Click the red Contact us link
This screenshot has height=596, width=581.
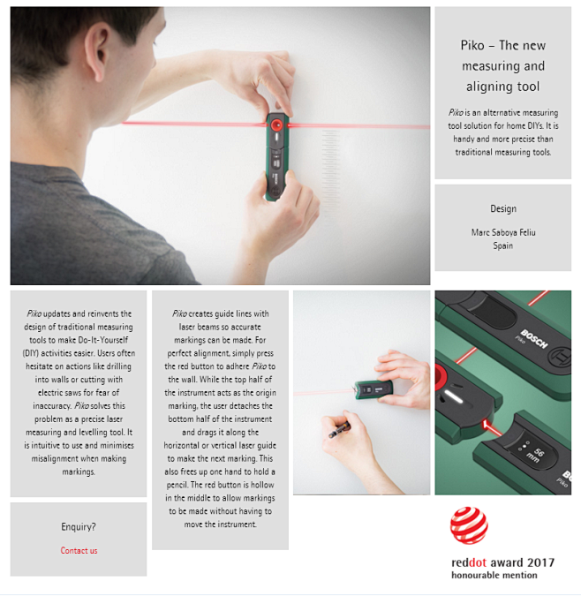tap(79, 550)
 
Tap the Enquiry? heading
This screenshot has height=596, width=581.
tap(79, 527)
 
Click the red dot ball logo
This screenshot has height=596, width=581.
tap(469, 525)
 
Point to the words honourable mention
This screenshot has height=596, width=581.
tap(494, 575)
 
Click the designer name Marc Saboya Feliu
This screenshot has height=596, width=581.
tap(503, 232)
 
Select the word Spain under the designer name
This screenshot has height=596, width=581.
tap(503, 245)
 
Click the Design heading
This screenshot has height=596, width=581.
tap(503, 208)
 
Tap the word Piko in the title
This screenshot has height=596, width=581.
tap(472, 45)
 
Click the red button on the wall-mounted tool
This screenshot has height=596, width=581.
tap(276, 124)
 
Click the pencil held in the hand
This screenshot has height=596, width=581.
tap(339, 430)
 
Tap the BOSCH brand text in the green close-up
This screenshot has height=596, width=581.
tap(534, 339)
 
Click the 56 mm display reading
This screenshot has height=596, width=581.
tap(535, 454)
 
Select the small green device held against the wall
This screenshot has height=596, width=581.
tap(373, 389)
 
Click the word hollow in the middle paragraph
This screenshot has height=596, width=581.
tap(261, 485)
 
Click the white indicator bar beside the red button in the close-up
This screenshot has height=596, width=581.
tap(454, 396)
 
